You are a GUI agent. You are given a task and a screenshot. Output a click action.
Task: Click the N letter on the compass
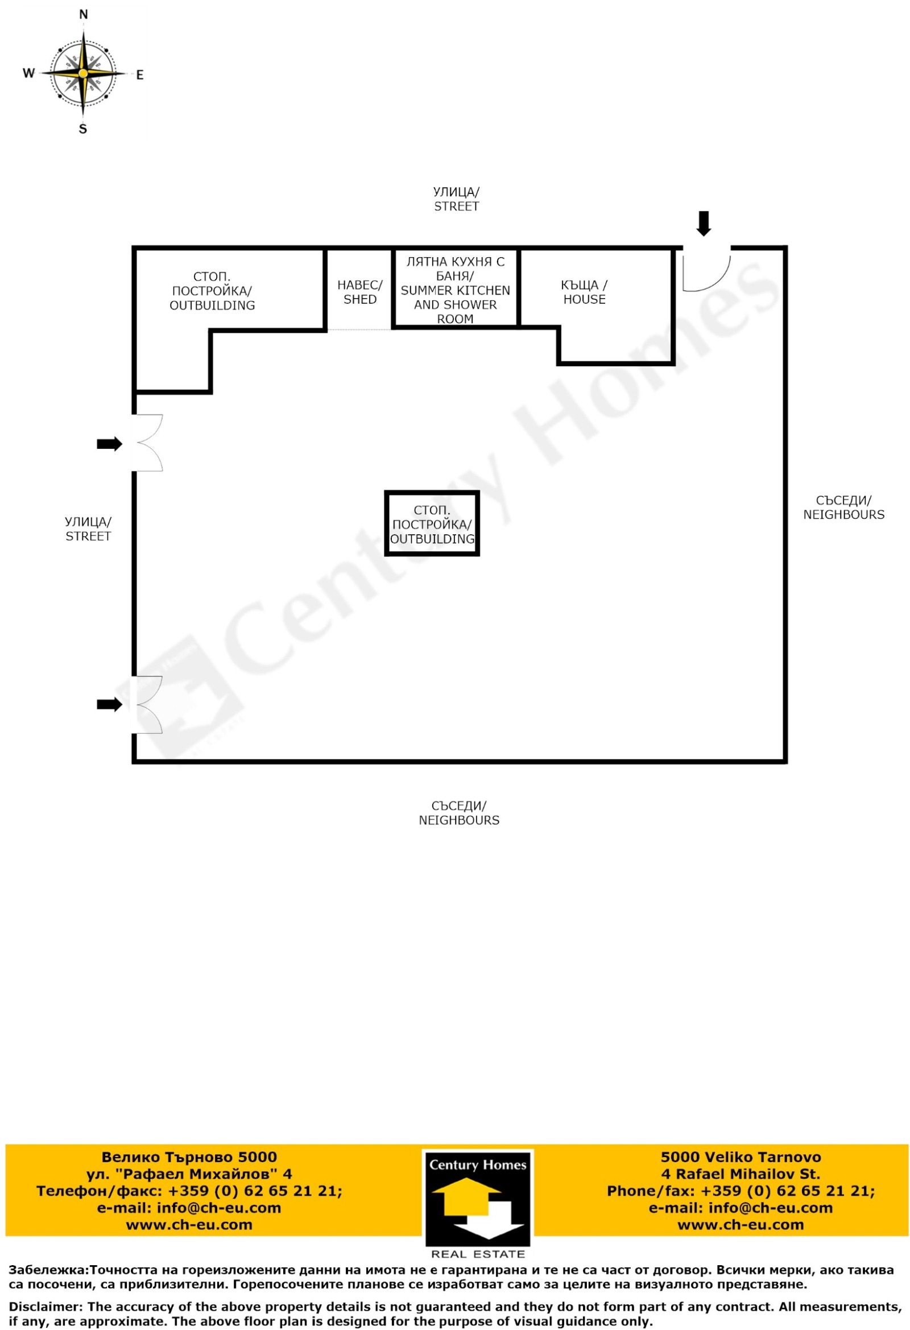pyautogui.click(x=84, y=15)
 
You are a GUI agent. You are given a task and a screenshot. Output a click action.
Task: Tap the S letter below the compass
pyautogui.click(x=83, y=129)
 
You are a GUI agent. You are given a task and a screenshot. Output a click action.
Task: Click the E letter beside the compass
pyautogui.click(x=140, y=75)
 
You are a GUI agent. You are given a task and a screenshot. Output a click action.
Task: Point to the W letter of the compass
pyautogui.click(x=28, y=73)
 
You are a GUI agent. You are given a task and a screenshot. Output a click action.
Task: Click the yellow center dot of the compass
pyautogui.click(x=83, y=73)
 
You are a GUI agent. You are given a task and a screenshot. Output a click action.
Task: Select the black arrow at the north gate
pyautogui.click(x=704, y=223)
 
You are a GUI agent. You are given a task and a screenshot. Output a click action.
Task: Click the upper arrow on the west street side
pyautogui.click(x=109, y=444)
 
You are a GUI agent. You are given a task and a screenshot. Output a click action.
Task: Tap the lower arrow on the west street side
pyautogui.click(x=109, y=704)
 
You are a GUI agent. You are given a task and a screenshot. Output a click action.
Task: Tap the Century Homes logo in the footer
pyautogui.click(x=477, y=1200)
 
